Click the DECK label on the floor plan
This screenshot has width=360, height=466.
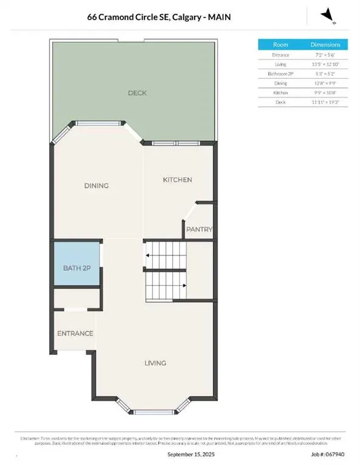pos(137,93)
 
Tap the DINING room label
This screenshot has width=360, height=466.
pos(97,186)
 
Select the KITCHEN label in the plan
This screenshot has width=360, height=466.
pos(177,180)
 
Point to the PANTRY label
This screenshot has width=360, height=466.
pos(200,229)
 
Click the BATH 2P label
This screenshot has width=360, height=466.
pos(76,268)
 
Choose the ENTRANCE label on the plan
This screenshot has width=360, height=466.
pos(75,333)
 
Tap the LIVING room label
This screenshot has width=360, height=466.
pos(155,363)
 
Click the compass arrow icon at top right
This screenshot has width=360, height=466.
pos(328,15)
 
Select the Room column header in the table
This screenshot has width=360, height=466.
pos(280,45)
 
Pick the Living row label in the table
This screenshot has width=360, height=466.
pos(280,64)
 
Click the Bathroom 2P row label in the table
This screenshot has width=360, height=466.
pos(280,73)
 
